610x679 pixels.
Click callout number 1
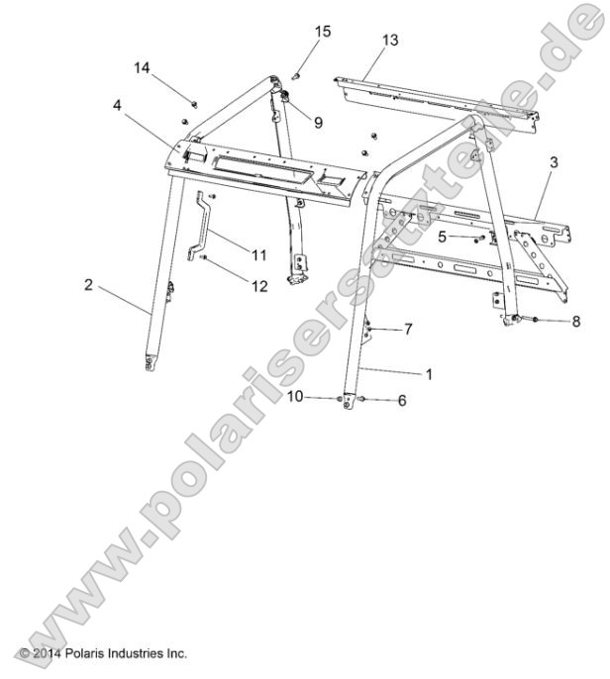(429, 375)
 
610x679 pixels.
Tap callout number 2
(88, 285)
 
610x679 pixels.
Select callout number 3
(554, 162)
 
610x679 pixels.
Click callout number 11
(258, 254)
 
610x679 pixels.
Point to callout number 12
(259, 286)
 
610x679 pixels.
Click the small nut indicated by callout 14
(195, 102)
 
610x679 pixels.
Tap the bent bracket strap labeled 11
(204, 226)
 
